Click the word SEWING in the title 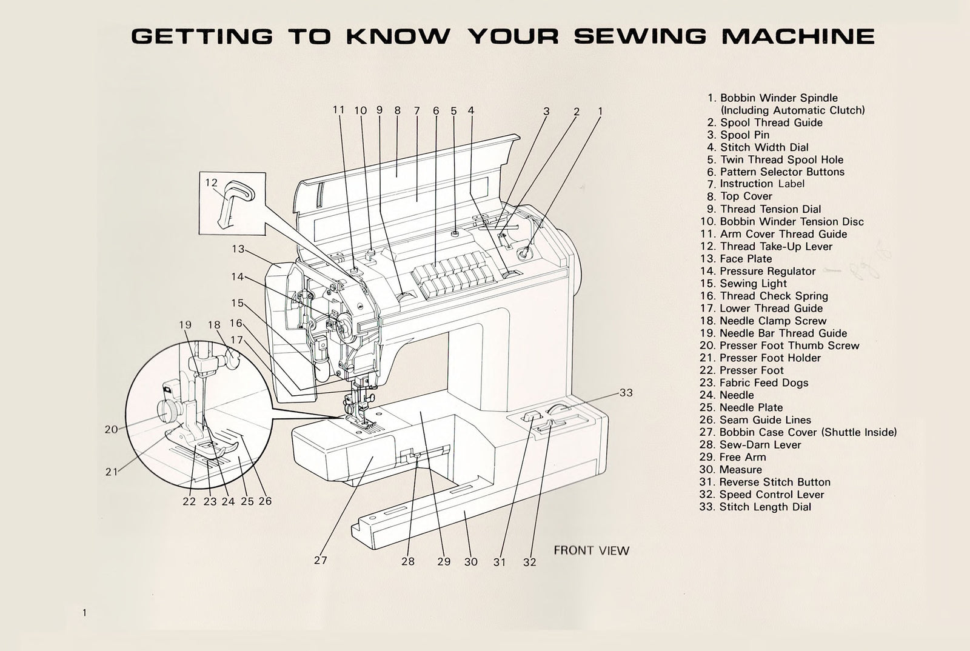pyautogui.click(x=640, y=36)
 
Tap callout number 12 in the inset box pyautogui.click(x=211, y=182)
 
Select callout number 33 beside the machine pyautogui.click(x=626, y=393)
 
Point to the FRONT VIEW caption pyautogui.click(x=591, y=550)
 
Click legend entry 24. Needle pyautogui.click(x=727, y=395)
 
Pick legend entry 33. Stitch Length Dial pyautogui.click(x=755, y=507)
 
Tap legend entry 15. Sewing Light pyautogui.click(x=744, y=284)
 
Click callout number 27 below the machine pyautogui.click(x=321, y=560)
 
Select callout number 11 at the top pyautogui.click(x=338, y=110)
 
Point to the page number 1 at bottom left pyautogui.click(x=84, y=613)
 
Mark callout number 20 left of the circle pyautogui.click(x=111, y=429)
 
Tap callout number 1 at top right pyautogui.click(x=600, y=112)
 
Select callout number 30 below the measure pyautogui.click(x=471, y=562)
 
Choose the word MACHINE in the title pyautogui.click(x=797, y=36)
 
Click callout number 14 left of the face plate pyautogui.click(x=237, y=277)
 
